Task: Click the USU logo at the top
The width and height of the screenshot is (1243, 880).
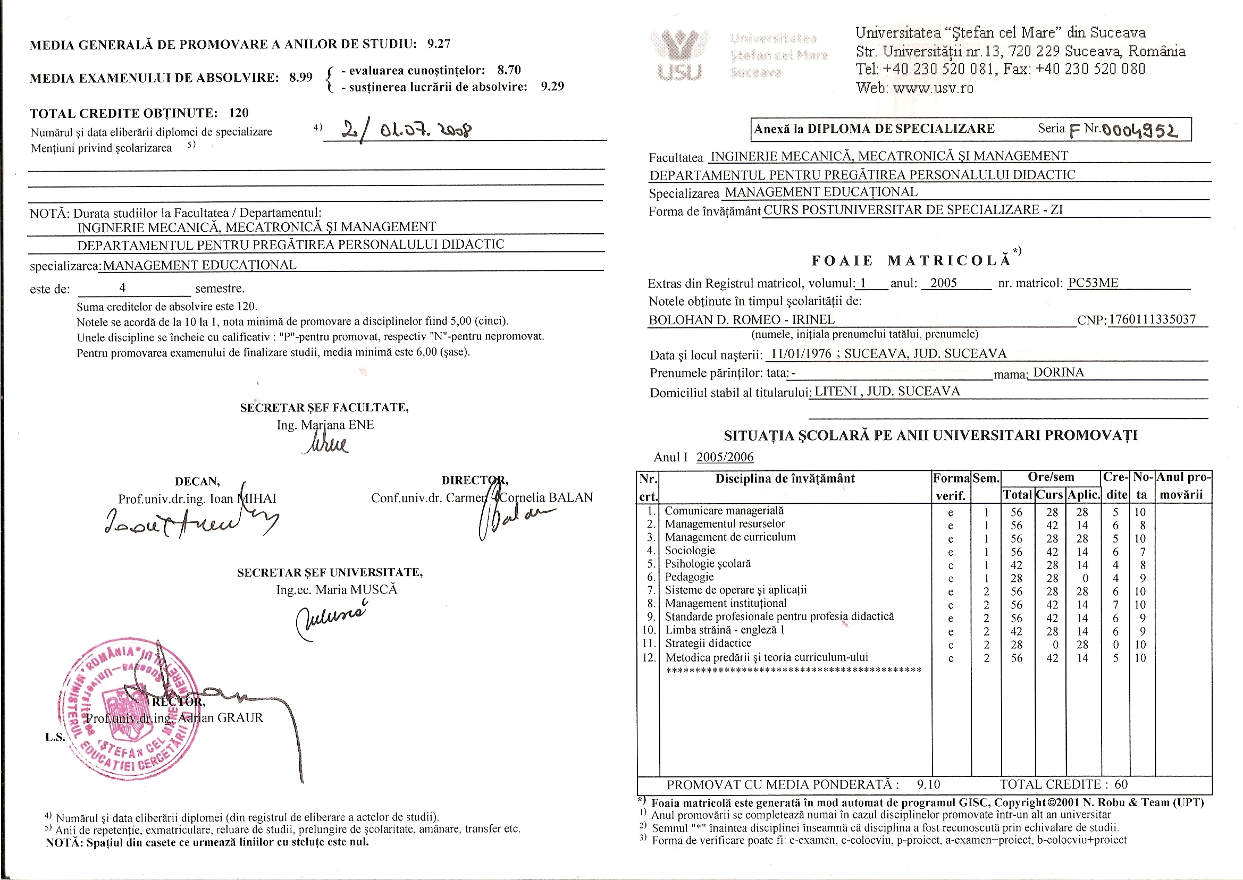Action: [679, 54]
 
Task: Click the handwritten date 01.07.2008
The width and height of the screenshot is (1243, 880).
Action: [425, 130]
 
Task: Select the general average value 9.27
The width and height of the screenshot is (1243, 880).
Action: [439, 44]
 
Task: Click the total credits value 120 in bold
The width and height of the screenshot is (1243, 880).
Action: [239, 113]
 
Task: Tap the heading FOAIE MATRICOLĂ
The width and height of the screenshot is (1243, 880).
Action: [911, 260]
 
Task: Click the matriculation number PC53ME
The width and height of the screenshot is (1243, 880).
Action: [1093, 283]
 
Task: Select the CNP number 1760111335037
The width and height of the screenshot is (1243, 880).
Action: [1152, 319]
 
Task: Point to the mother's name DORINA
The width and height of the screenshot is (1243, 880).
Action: [1058, 373]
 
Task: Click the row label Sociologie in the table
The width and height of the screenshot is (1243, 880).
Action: [690, 551]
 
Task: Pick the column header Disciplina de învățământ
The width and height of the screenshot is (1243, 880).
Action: [785, 478]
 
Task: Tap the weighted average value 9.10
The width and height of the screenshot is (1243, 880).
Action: [928, 784]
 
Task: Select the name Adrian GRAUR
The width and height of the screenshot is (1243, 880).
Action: [221, 718]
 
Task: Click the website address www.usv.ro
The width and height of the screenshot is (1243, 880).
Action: [933, 88]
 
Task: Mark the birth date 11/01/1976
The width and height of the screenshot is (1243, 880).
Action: [801, 354]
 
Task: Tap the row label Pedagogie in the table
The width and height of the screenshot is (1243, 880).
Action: [689, 577]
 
